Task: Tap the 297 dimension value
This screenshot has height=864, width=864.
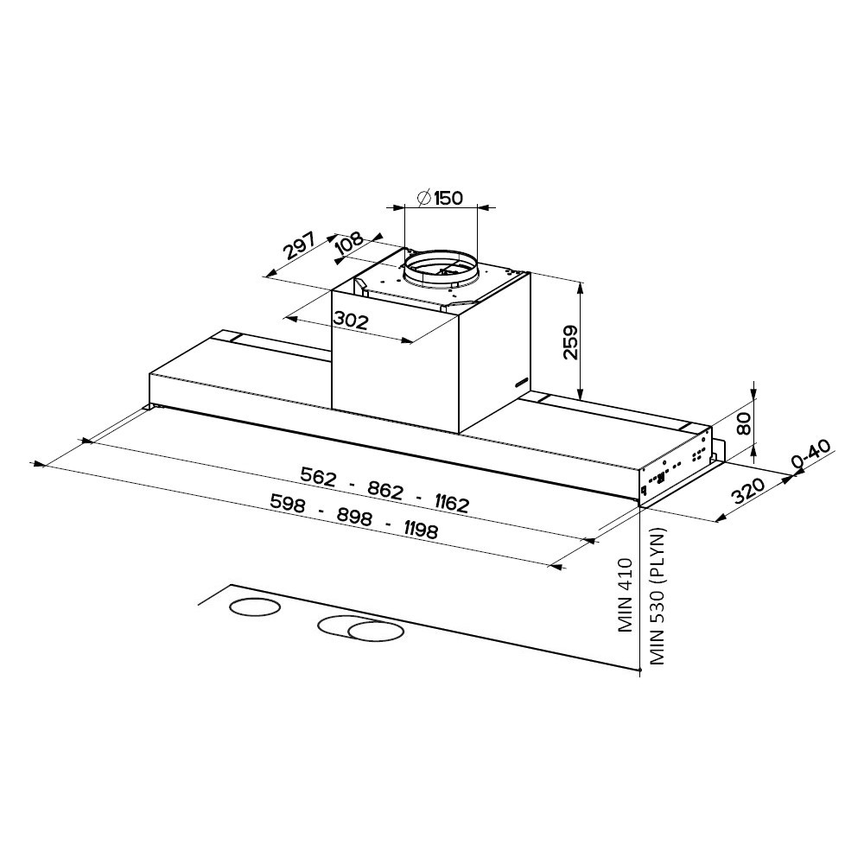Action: click(299, 245)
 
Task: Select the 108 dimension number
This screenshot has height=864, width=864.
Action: click(350, 244)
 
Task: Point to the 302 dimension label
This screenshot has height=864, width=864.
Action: click(351, 320)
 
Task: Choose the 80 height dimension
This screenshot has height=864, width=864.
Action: click(745, 423)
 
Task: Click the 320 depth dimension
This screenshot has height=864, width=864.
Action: click(748, 492)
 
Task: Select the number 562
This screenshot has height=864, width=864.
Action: click(318, 476)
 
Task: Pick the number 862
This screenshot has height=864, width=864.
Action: click(385, 490)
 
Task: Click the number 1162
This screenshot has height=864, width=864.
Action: click(451, 503)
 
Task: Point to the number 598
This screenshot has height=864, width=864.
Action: click(289, 503)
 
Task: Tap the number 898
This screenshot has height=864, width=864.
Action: click(355, 517)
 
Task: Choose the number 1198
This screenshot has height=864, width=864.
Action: click(422, 530)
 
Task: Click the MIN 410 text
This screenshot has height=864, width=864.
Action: click(625, 595)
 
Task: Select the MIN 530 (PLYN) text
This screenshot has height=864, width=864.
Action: click(658, 596)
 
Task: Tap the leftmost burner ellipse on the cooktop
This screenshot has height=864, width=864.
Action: click(254, 607)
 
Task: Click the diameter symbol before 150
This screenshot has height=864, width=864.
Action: click(424, 197)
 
